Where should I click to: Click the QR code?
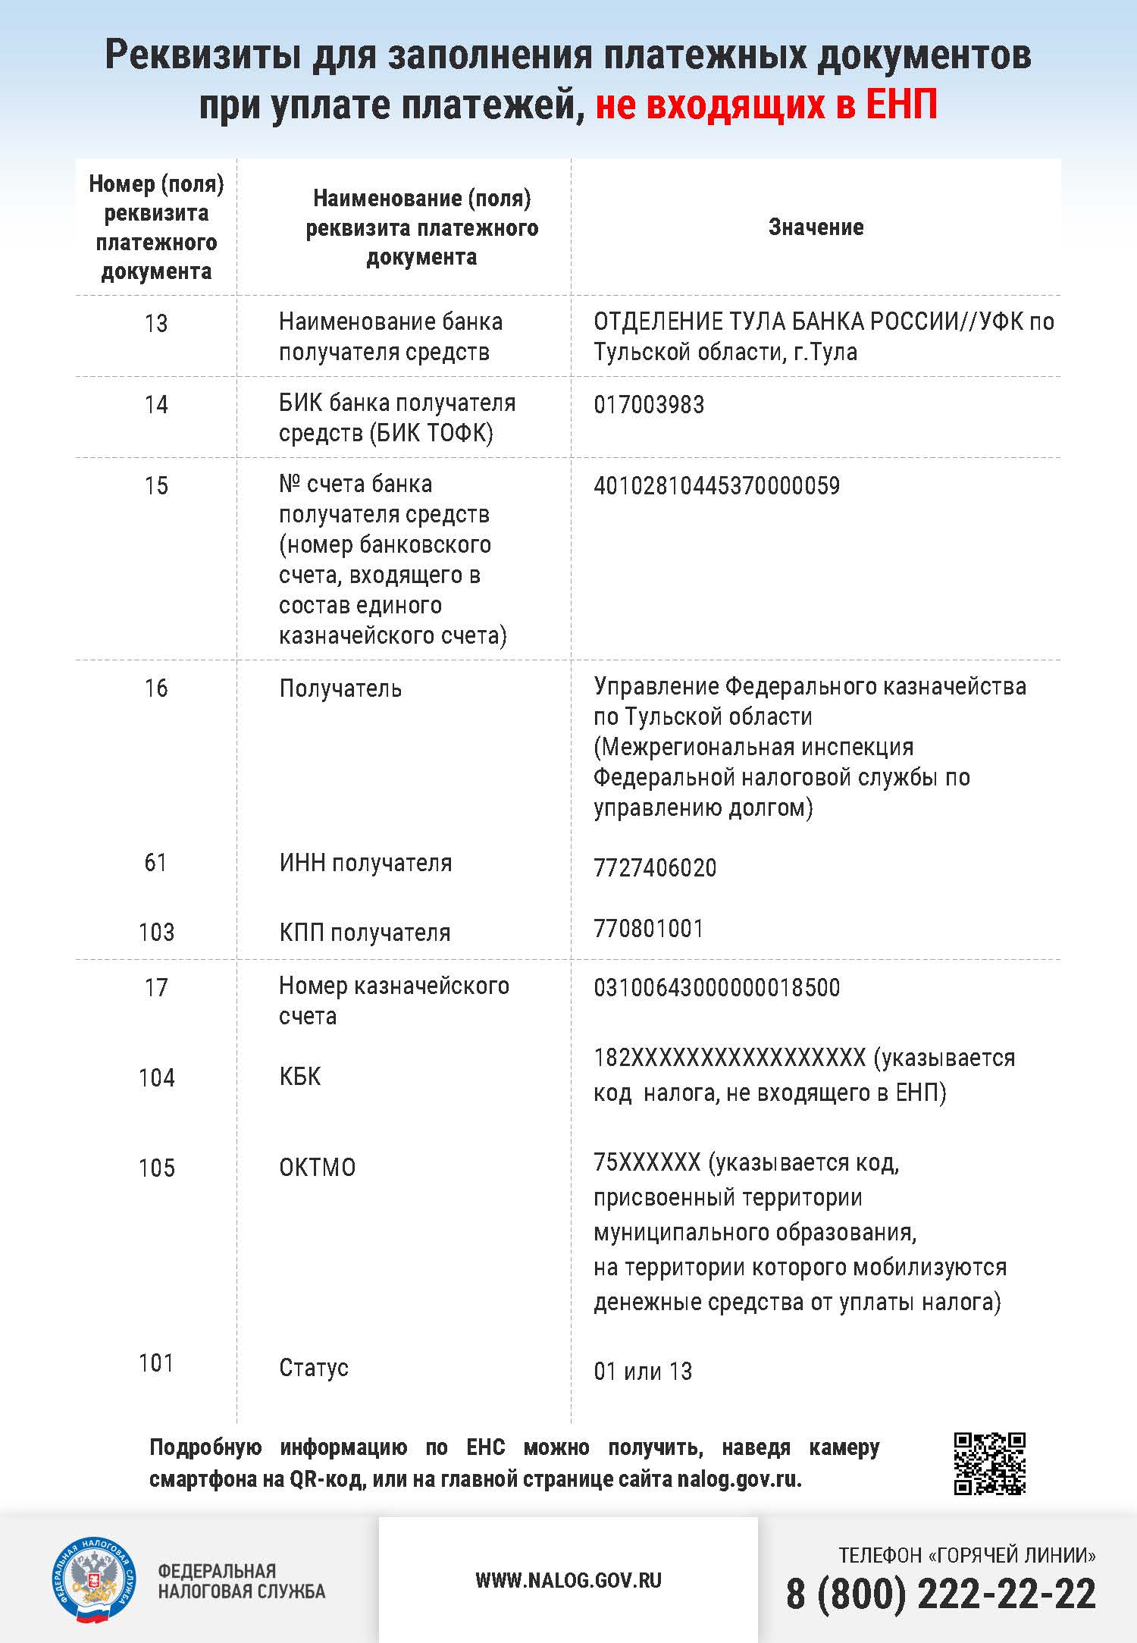coord(989,1463)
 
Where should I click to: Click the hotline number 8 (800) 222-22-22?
coord(941,1594)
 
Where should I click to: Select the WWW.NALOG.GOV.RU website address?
coord(568,1580)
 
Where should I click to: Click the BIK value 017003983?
coord(649,405)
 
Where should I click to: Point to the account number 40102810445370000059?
coord(716,486)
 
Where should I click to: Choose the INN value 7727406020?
coord(655,867)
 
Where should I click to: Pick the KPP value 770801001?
coord(649,929)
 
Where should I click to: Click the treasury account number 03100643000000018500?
coord(716,988)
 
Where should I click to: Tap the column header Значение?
coord(816,227)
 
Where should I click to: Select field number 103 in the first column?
coord(156,932)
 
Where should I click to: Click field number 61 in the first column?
coord(155,863)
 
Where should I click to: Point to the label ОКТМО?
coord(317,1168)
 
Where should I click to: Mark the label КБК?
coord(299,1077)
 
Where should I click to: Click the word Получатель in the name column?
coord(340,688)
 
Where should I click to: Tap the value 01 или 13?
coord(643,1371)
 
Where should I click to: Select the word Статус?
coord(314,1368)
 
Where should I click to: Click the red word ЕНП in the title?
coord(901,105)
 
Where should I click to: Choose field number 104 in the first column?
coord(156,1077)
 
